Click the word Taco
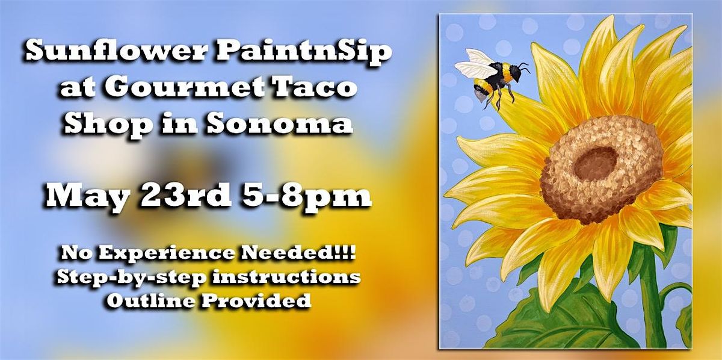312,87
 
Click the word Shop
108,125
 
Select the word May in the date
87,196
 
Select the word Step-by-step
132,278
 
